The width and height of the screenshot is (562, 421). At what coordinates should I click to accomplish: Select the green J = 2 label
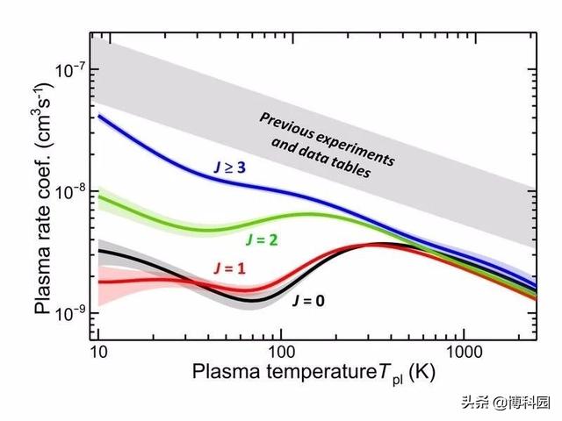[x=262, y=237]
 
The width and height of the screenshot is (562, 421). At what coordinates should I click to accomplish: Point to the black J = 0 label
[x=309, y=300]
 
